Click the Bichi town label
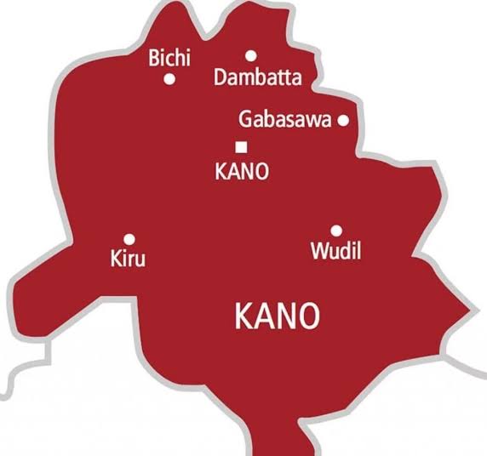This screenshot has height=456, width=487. (x=169, y=59)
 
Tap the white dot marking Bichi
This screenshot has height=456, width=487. (x=169, y=79)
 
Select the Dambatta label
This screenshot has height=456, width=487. (x=258, y=78)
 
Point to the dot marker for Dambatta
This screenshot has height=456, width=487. (x=250, y=56)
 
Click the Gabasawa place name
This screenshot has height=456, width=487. (x=284, y=120)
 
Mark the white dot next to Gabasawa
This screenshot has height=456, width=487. (x=343, y=121)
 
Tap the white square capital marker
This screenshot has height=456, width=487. (x=241, y=146)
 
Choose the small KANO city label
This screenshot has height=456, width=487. (x=243, y=171)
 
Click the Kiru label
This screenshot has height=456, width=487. (x=128, y=258)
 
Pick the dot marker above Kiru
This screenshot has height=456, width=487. (x=129, y=239)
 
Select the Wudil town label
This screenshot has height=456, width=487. (x=334, y=251)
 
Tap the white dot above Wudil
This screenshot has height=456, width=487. (x=335, y=231)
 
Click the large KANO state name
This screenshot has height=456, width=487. (x=278, y=316)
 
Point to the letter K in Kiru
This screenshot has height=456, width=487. (x=117, y=258)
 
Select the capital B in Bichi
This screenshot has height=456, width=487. (x=154, y=59)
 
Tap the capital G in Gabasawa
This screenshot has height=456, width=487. (x=246, y=120)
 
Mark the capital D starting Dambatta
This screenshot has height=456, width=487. (x=221, y=78)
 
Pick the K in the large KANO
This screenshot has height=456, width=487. (x=243, y=316)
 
